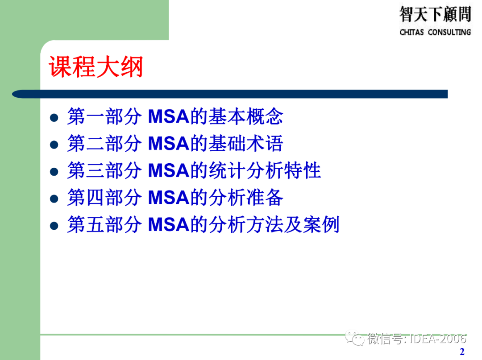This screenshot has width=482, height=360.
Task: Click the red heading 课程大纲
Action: click(x=96, y=67)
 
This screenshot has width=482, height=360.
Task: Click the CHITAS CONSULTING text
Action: click(x=435, y=32)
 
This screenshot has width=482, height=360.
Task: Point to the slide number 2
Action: click(x=462, y=352)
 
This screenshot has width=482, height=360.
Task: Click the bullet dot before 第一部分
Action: click(x=54, y=118)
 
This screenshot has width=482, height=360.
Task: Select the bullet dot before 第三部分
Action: click(x=54, y=172)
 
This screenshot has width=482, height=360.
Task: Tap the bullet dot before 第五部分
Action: click(x=54, y=225)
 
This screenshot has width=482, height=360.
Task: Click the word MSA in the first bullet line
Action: click(x=168, y=117)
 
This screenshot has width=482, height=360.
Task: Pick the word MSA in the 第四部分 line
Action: click(x=168, y=198)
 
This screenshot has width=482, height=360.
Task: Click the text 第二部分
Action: click(x=104, y=144)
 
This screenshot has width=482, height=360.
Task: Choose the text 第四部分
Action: click(x=104, y=198)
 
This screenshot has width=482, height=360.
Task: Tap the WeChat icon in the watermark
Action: click(x=357, y=339)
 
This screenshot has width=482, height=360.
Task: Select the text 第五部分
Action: click(x=104, y=224)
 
